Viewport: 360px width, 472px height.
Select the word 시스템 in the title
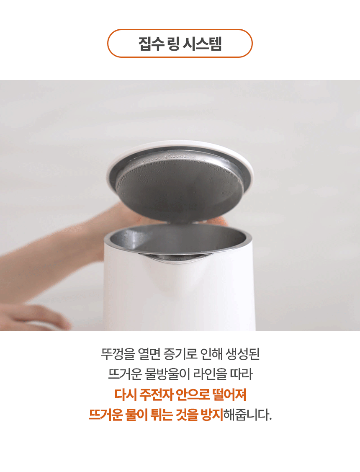pos(203,44)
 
